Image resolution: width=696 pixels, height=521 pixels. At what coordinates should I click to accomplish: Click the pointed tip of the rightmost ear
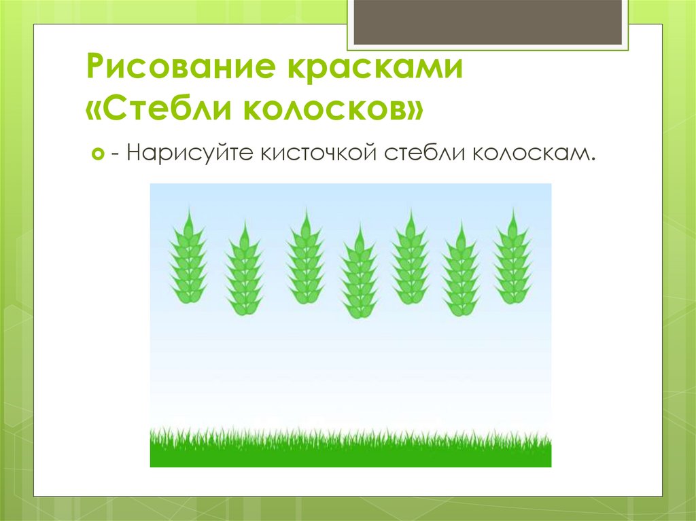[512, 211]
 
